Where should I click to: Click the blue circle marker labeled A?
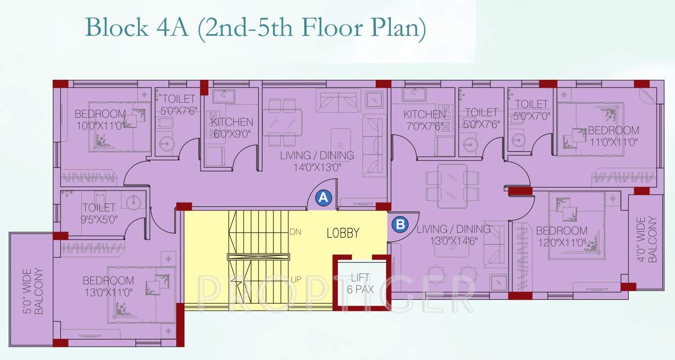[x=323, y=198]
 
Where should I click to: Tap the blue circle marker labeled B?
[x=400, y=224]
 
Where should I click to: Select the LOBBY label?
[x=343, y=233]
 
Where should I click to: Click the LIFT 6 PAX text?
[x=360, y=283]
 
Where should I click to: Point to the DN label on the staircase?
[x=296, y=232]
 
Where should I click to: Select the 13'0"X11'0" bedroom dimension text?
[x=108, y=291]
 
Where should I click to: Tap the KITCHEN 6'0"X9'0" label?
[x=232, y=128]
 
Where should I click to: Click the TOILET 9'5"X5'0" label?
[x=99, y=213]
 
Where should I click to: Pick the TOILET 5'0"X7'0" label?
[x=532, y=110]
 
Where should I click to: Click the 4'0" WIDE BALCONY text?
[x=646, y=239]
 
